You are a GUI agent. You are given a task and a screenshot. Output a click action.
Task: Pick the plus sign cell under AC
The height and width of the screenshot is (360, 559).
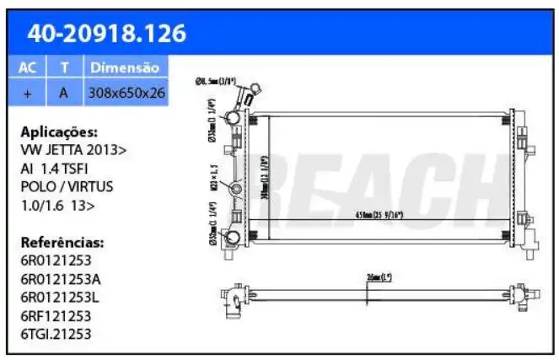(27, 93)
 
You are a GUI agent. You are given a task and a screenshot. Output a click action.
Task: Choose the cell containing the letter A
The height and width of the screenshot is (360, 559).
(63, 93)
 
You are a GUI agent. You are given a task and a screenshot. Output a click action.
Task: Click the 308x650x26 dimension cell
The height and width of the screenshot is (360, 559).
(126, 93)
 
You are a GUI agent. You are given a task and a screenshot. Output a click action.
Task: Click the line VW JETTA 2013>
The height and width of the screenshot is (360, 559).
(74, 150)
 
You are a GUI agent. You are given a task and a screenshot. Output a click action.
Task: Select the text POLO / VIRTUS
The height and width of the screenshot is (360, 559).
(67, 186)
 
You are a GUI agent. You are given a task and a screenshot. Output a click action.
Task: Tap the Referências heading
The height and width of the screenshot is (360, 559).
(62, 242)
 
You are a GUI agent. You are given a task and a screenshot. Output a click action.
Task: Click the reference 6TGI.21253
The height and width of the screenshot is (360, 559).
(56, 334)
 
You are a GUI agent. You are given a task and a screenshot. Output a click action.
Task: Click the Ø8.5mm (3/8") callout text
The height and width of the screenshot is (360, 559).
(215, 81)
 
